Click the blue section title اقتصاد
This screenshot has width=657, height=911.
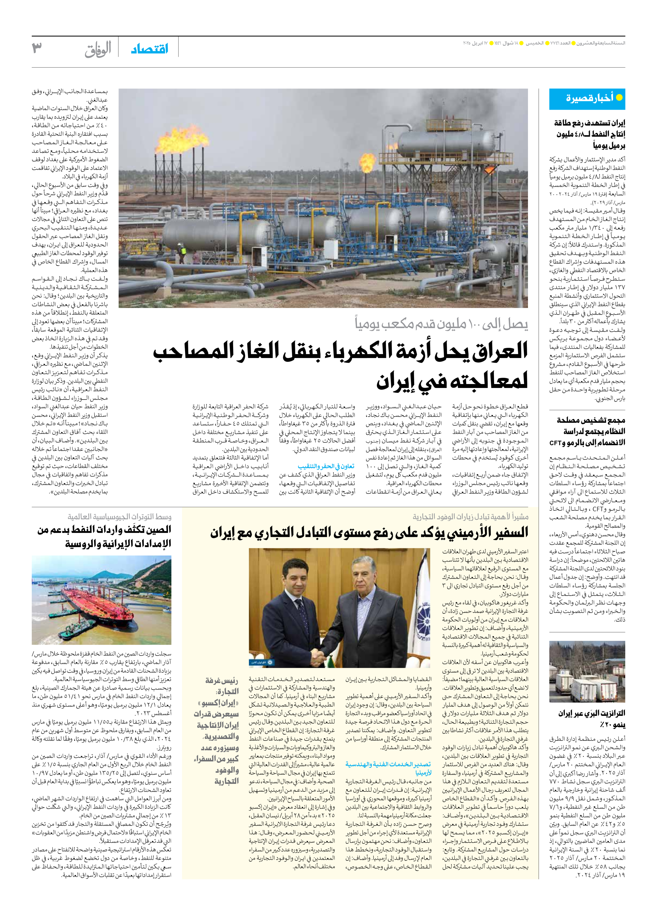coord(150,49)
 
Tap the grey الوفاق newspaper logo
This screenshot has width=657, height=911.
coord(98,50)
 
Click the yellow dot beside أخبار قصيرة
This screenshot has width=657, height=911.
coord(619,98)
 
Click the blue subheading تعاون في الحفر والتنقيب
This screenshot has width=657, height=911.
coord(326,466)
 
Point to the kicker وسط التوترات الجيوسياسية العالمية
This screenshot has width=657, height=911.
coord(119,516)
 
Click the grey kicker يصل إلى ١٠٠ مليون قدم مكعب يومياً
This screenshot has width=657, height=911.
coord(441,324)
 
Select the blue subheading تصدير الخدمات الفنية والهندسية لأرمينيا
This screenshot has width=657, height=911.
coord(388,768)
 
